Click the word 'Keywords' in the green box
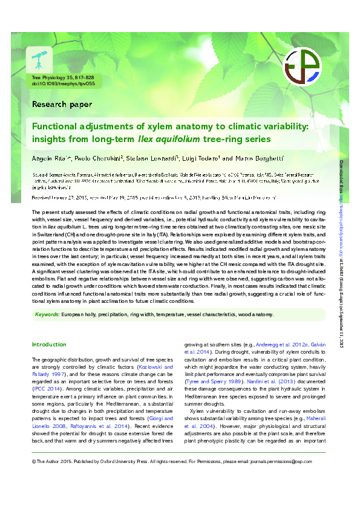pyautogui.click(x=46, y=314)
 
